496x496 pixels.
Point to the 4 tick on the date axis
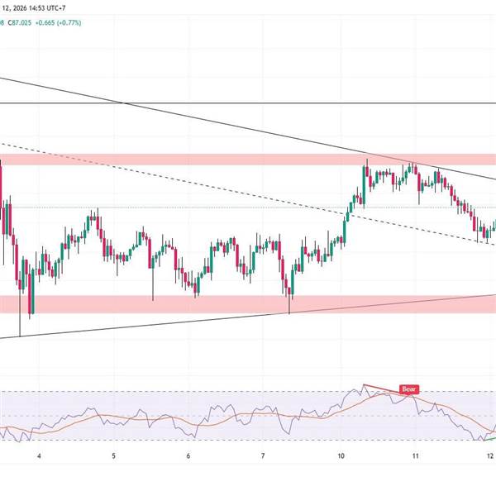[x=39, y=455]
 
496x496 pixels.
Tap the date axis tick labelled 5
[x=114, y=455]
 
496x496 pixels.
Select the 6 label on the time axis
[x=189, y=455]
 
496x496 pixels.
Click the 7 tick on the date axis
[x=264, y=455]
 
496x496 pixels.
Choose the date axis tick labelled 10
[x=341, y=455]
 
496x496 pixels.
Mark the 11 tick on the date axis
[x=416, y=455]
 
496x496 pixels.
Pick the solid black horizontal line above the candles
[x=248, y=103]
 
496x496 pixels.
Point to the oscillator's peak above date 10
[x=364, y=385]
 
